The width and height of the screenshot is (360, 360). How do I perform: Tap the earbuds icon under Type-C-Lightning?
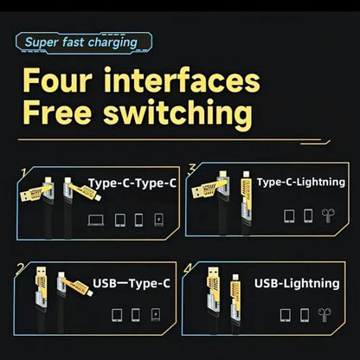point(327,215)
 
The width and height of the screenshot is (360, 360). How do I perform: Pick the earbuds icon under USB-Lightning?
point(325,314)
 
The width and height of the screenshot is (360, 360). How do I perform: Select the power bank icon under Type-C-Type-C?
point(158,219)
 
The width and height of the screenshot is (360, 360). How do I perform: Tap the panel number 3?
point(191,168)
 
